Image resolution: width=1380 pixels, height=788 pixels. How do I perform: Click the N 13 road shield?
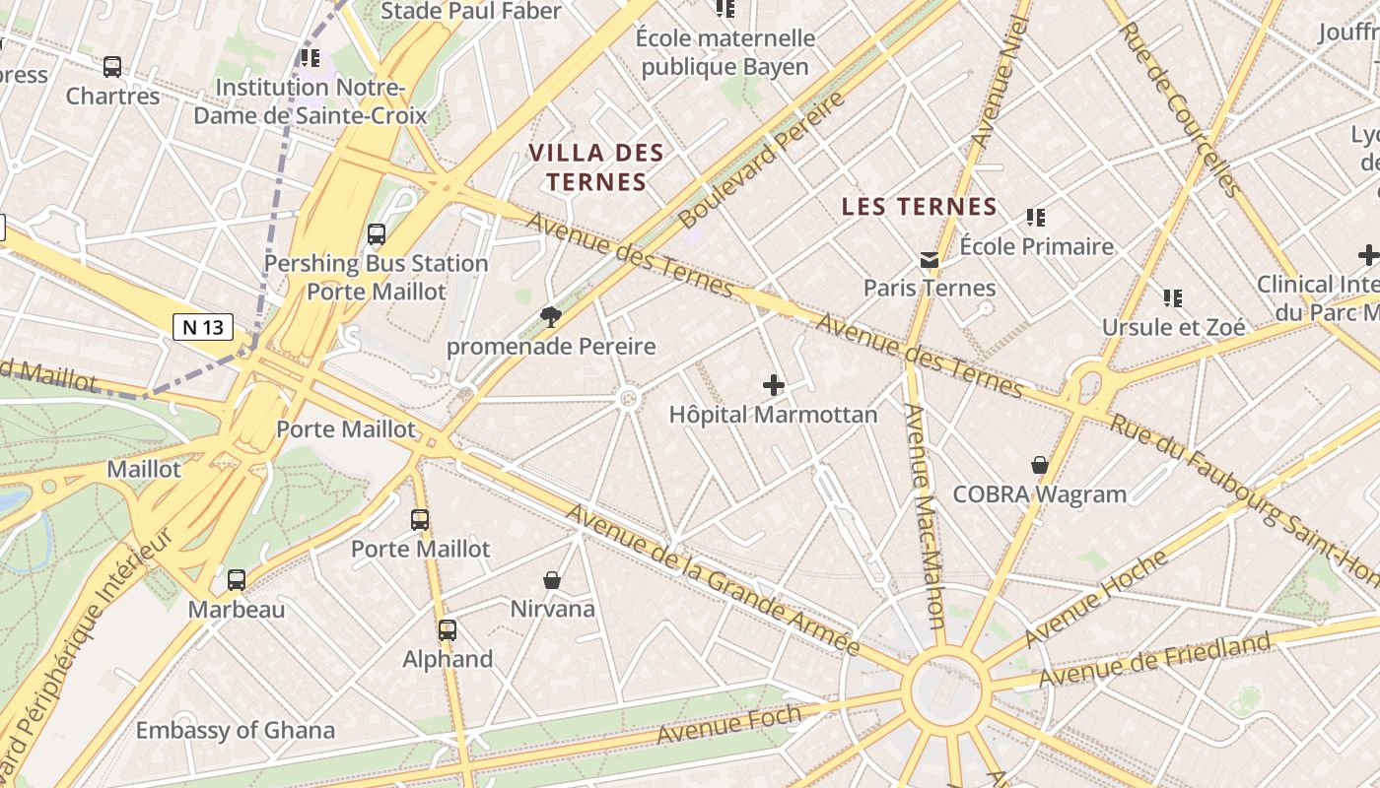tap(203, 327)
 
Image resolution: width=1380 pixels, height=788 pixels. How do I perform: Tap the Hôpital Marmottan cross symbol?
tap(774, 385)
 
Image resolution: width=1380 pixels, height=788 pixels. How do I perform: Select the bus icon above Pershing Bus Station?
tap(376, 234)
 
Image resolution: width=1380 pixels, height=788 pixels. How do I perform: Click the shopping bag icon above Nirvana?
tap(552, 580)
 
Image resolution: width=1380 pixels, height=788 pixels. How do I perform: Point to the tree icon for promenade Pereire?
tap(550, 316)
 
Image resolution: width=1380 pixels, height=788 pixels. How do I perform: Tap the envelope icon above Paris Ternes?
tap(929, 260)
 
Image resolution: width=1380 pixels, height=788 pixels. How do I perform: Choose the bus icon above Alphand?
tap(447, 630)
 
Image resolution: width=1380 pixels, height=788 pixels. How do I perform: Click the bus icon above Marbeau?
tap(237, 580)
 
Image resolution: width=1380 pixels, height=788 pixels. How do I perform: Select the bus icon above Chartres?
tap(112, 67)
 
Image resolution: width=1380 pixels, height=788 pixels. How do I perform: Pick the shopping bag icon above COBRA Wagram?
tap(1039, 465)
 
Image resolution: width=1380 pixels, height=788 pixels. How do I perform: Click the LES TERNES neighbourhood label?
tap(921, 207)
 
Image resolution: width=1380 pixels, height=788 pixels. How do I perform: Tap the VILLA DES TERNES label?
tap(596, 167)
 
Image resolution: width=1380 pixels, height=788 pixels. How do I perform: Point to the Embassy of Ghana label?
tap(235, 731)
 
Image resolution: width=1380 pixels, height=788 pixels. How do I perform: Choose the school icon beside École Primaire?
tap(1035, 217)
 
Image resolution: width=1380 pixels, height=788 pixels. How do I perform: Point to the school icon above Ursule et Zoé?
tap(1172, 297)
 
